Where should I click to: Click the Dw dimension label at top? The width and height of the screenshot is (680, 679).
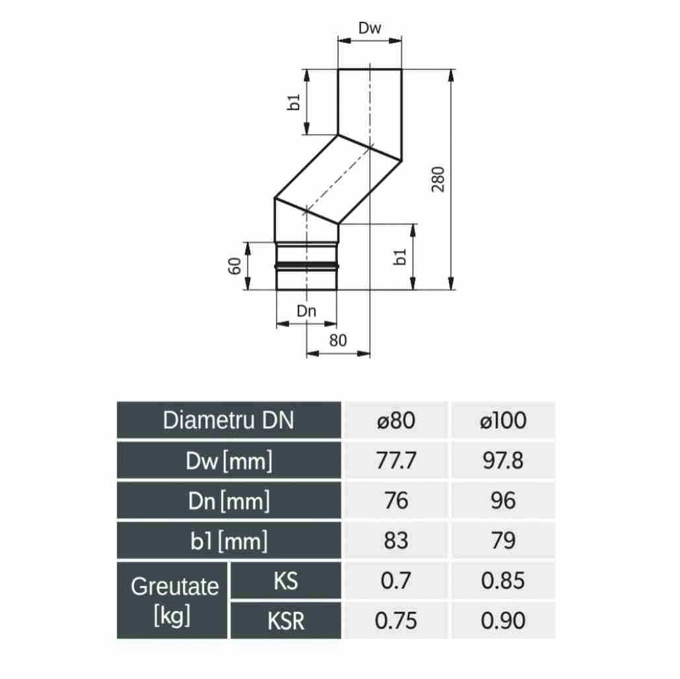370,28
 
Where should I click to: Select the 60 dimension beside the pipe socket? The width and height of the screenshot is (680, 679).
233,266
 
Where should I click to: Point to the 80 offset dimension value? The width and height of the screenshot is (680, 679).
337,341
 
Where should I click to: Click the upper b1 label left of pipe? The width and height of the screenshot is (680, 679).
295,102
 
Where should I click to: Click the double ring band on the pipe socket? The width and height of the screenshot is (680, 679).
307,265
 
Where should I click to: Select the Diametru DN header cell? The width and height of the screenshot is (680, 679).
229,420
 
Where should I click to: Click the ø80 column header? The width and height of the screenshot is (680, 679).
395,420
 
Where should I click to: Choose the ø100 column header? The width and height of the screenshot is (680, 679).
503,420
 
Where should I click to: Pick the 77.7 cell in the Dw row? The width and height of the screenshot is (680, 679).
395,461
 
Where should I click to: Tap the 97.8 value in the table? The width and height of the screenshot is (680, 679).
503,461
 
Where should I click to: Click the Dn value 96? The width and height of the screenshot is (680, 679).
503,501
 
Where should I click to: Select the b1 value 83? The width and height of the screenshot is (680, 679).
395,541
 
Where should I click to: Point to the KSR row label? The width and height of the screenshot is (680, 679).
285,621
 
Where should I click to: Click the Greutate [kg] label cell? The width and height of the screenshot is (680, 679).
173,600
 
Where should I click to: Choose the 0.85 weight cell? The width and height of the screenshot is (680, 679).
503,581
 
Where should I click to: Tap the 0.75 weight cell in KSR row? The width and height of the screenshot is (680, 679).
395,621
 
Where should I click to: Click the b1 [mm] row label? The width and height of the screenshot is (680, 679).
229,541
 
